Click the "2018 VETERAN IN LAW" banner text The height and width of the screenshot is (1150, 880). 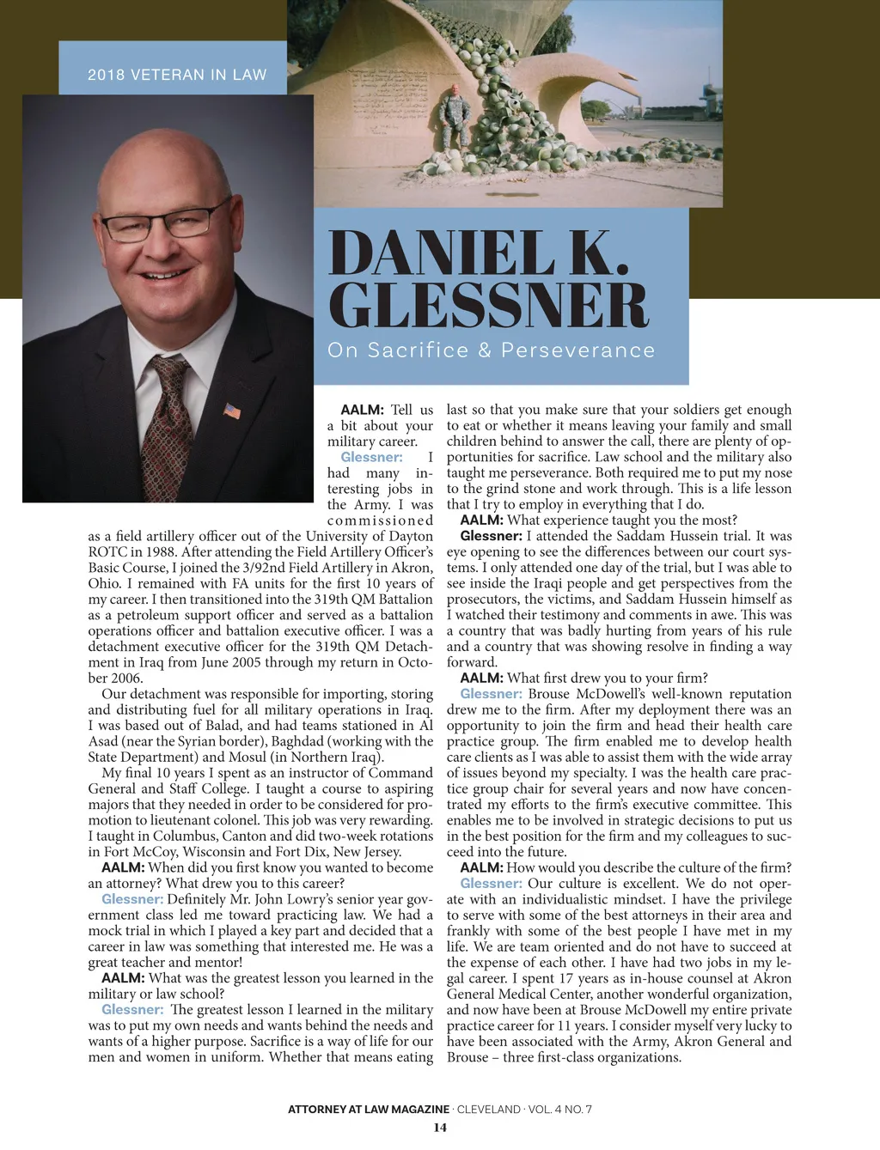pos(177,75)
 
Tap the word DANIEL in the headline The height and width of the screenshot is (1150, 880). pos(441,253)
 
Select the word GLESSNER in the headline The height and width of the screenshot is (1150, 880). pos(488,305)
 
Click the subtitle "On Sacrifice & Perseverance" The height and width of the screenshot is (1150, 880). pos(491,350)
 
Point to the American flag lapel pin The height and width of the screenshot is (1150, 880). pos(232,411)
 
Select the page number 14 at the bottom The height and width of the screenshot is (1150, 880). pos(440,1128)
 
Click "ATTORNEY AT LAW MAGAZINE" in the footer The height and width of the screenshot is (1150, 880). pos(369,1109)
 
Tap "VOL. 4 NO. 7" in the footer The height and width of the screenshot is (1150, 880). pos(559,1109)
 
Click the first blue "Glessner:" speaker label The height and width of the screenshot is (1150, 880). pos(371,457)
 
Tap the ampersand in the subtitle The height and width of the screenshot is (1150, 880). pos(485,350)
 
